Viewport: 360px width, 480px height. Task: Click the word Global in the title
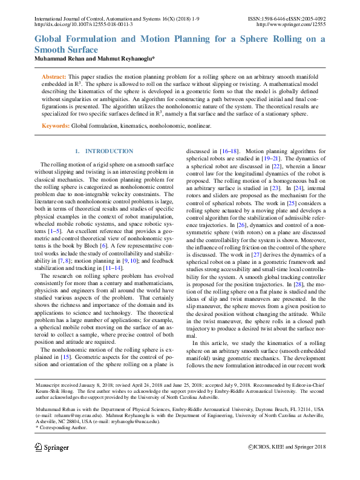click(x=52, y=39)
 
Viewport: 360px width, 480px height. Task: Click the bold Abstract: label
click(x=54, y=77)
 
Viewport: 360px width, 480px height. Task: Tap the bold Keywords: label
click(x=55, y=126)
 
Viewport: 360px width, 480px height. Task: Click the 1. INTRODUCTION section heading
click(x=103, y=151)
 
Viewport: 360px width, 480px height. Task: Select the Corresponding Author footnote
click(x=61, y=427)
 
